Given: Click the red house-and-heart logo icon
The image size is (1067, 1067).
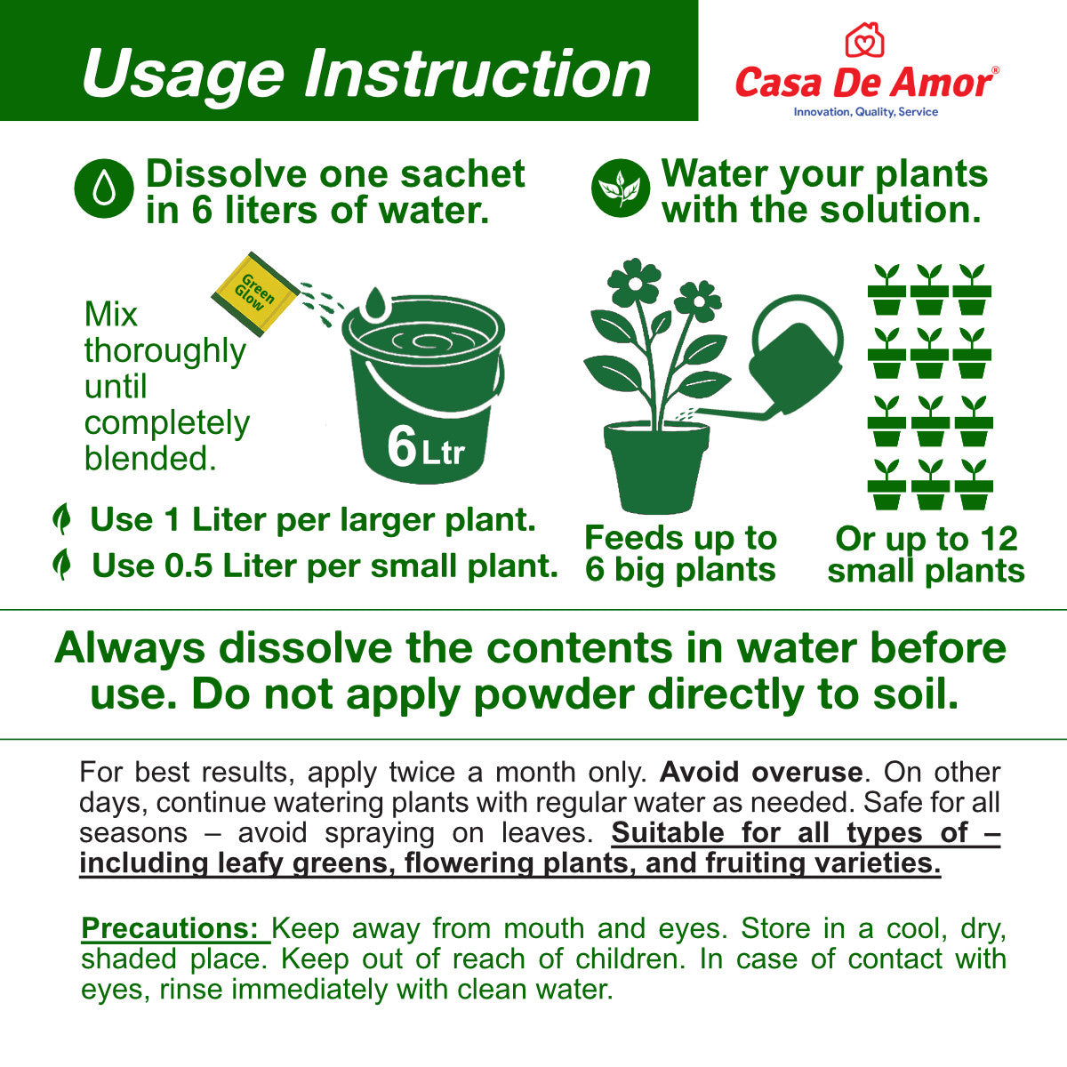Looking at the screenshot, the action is tap(864, 40).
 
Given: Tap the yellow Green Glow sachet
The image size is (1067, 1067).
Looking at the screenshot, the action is tap(255, 293).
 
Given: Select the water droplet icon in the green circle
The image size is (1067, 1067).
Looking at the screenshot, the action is tap(104, 189).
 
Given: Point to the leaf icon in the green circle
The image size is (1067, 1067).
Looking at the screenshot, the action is tap(620, 189).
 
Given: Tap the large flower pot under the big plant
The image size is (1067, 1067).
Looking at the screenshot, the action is tap(657, 468).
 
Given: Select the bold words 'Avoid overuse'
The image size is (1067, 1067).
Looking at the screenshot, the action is tap(761, 772).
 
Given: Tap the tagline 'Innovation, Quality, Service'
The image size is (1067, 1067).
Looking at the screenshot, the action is tap(865, 112).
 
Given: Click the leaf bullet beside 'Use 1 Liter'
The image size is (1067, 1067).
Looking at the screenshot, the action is tap(62, 518).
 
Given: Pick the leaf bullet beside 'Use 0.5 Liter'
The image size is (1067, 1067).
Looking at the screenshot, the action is tap(62, 565).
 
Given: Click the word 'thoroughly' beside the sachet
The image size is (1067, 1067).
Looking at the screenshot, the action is tap(165, 351).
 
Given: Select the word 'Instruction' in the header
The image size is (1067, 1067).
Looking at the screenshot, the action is tap(477, 74).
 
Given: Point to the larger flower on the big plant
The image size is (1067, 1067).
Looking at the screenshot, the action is tap(635, 283).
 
